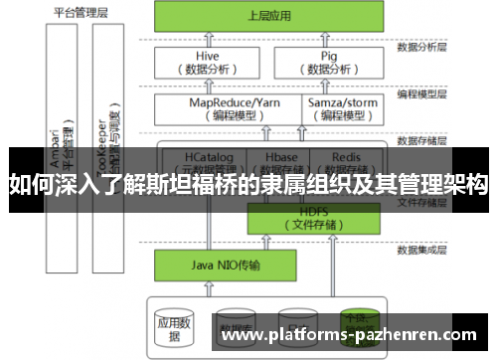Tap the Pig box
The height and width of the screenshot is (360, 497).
pos(330,63)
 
